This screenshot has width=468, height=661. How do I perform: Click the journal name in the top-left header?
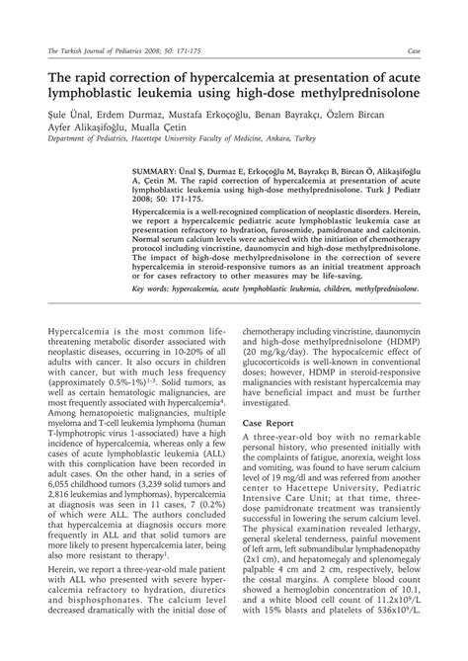[103, 49]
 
